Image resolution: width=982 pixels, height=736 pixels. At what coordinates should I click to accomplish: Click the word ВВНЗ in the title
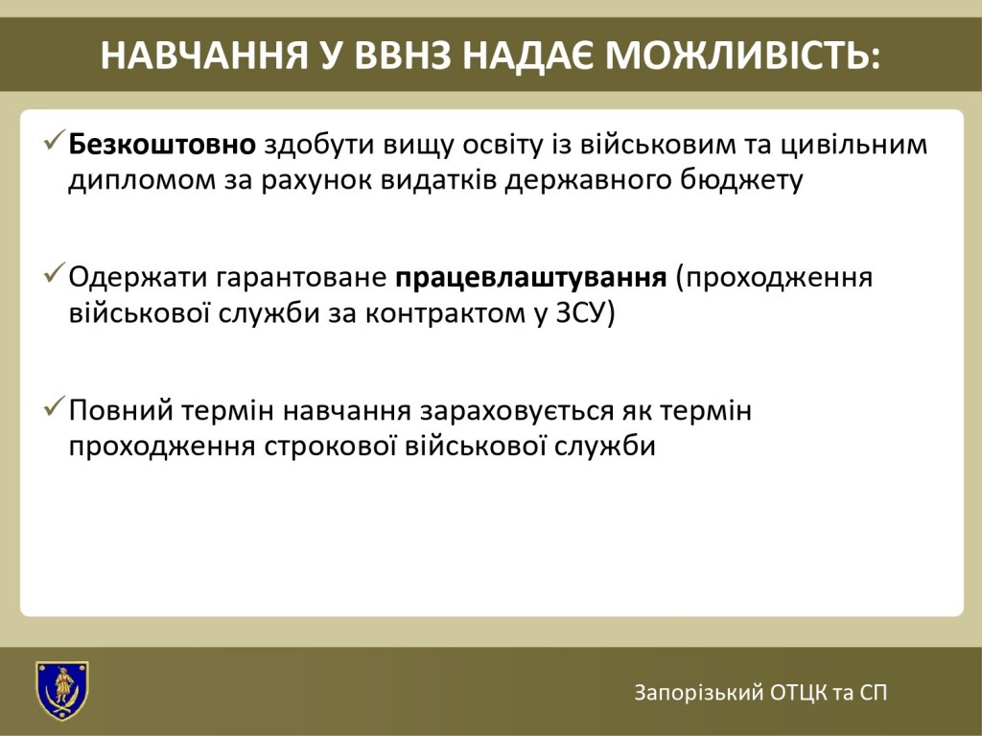click(402, 56)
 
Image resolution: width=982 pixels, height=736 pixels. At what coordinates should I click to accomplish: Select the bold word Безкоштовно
click(162, 145)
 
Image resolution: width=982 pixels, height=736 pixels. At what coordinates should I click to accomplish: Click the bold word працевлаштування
click(531, 278)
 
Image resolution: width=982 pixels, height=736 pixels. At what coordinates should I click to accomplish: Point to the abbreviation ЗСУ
click(581, 313)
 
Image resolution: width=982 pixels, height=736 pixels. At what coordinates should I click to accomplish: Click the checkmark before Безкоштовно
click(55, 140)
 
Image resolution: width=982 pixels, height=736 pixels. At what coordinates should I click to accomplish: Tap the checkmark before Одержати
click(55, 273)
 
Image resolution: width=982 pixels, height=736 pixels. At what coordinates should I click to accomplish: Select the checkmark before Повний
click(55, 406)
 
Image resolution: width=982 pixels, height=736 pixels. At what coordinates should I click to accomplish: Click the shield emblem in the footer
click(62, 691)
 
